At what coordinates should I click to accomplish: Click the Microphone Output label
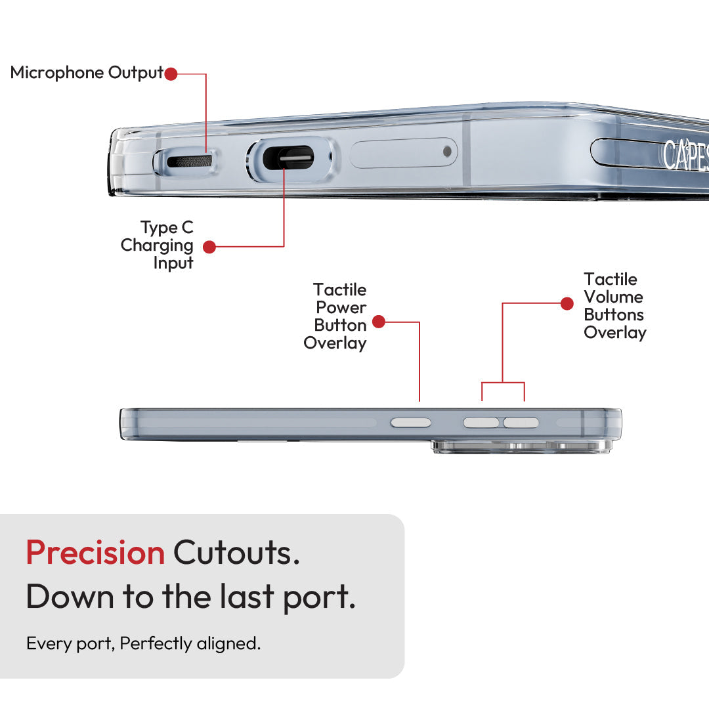(x=87, y=73)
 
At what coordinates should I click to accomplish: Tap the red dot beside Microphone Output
(x=171, y=74)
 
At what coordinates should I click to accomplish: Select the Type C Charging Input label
(x=158, y=246)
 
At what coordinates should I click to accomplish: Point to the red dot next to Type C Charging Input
(x=209, y=247)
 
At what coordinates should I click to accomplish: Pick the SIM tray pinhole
(x=447, y=152)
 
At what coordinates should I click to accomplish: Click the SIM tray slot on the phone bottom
(x=403, y=153)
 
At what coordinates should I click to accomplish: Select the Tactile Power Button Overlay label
(x=335, y=316)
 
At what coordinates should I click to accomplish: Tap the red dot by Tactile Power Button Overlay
(x=378, y=322)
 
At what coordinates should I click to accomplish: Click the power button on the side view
(x=411, y=423)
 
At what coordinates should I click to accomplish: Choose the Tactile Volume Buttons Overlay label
(x=614, y=306)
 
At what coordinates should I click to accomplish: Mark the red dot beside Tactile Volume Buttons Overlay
(x=567, y=303)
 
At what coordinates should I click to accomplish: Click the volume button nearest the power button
(x=481, y=423)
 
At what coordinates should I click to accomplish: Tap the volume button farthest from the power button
(x=521, y=423)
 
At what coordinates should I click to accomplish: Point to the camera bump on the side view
(x=519, y=447)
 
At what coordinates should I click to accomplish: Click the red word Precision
(x=95, y=552)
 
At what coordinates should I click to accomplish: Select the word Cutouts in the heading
(x=236, y=552)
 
